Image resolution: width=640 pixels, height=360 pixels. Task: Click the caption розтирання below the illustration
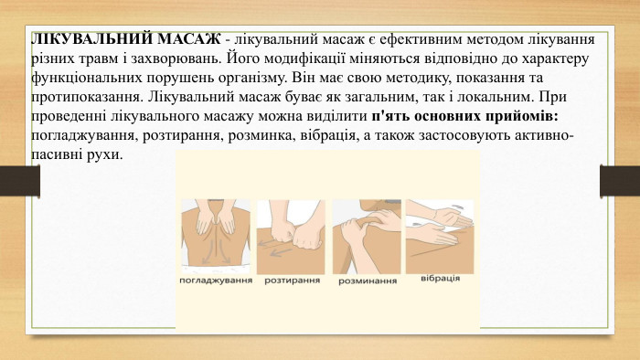point(292,281)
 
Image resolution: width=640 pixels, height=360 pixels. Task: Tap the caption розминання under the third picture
point(368,281)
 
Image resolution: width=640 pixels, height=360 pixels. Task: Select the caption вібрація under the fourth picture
point(441,277)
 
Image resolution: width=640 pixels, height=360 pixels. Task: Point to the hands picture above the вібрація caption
point(440,231)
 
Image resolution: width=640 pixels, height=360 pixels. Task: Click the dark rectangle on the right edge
point(611,179)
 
